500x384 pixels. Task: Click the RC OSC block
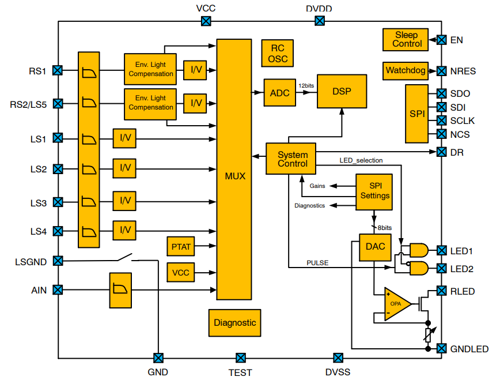pos(277,54)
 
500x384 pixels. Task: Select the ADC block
pos(279,93)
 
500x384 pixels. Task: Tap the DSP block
pos(342,91)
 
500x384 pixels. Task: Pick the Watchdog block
pos(405,71)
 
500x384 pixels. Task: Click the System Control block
pos(292,159)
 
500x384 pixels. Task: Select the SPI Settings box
pos(374,191)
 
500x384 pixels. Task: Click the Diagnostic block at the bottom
pos(234,323)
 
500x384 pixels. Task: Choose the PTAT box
pos(181,247)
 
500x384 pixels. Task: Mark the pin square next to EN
pos(441,40)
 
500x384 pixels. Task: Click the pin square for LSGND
pos(58,261)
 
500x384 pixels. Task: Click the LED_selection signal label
pos(361,160)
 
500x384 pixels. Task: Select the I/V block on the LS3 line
pos(124,202)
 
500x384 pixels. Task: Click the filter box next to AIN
pos(120,290)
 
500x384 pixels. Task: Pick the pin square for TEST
pos(241,358)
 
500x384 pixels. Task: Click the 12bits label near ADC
pos(306,85)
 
